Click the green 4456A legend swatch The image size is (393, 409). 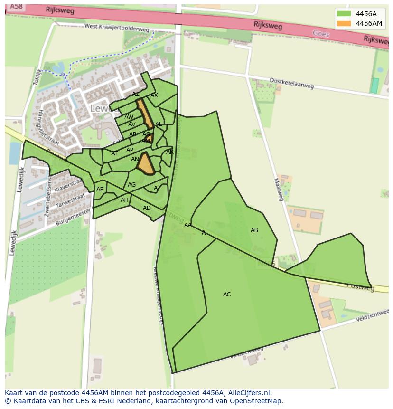click(344, 14)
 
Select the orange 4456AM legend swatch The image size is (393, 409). click(344, 23)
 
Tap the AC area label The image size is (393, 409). click(227, 295)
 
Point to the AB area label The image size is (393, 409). click(254, 230)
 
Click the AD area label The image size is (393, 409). click(147, 208)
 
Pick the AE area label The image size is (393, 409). click(100, 190)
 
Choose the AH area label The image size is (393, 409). click(124, 200)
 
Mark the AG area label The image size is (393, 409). click(131, 185)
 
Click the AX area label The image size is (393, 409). click(154, 95)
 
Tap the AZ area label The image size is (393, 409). click(136, 94)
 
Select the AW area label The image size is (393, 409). click(129, 117)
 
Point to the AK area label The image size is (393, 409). click(169, 152)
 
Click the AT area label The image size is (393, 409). click(114, 153)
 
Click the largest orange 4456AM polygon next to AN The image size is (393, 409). click(146, 164)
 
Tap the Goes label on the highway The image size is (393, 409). click(321, 34)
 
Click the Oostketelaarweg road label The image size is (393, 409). click(291, 83)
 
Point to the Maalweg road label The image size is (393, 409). click(279, 189)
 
